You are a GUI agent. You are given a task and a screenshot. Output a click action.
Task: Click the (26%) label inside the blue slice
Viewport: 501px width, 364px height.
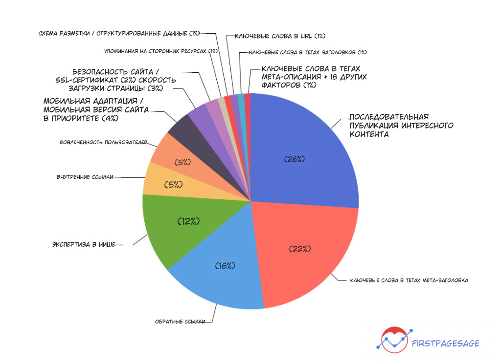(295, 159)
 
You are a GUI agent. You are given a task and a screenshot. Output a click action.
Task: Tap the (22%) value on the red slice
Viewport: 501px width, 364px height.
(300, 249)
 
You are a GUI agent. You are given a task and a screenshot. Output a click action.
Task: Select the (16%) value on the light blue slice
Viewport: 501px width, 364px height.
(226, 265)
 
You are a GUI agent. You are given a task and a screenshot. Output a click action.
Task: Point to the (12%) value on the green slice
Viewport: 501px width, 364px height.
(188, 221)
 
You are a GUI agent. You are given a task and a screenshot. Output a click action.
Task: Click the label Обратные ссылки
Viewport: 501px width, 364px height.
(180, 321)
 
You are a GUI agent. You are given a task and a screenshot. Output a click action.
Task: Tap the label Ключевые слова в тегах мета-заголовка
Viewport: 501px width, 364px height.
(409, 280)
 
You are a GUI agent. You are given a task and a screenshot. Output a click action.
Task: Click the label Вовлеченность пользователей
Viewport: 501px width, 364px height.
(103, 143)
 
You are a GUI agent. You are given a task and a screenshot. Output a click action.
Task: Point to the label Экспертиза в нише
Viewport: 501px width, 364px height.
(84, 244)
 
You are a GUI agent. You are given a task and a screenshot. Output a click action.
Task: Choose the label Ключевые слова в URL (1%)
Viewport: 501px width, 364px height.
(280, 36)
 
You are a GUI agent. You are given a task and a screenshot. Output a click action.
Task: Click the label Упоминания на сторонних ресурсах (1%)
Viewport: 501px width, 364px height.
(161, 51)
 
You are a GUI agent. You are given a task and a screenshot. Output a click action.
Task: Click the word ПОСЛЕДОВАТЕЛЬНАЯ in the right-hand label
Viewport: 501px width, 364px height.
(389, 117)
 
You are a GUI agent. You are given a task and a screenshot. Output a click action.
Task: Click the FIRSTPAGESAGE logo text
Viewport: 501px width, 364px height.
(446, 343)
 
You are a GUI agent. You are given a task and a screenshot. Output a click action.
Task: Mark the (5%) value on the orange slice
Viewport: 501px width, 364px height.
(182, 162)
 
